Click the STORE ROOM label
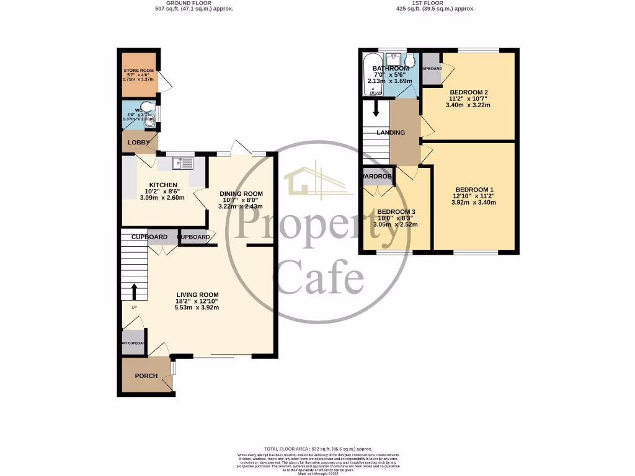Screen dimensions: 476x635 coord(139,71)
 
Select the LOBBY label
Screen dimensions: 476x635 coord(138,143)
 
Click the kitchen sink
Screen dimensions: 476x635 coord(183,163)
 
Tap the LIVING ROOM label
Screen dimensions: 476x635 coord(197,294)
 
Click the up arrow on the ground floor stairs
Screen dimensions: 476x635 coord(134,291)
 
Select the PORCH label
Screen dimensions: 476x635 coord(146,376)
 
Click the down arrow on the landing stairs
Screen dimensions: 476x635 coord(376,110)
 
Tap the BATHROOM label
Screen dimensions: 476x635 coord(390,68)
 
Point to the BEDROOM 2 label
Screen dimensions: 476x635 coord(468,92)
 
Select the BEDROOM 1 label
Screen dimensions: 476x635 coord(474,190)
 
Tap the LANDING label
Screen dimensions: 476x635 coord(391,133)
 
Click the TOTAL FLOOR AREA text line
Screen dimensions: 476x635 coord(317,449)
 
